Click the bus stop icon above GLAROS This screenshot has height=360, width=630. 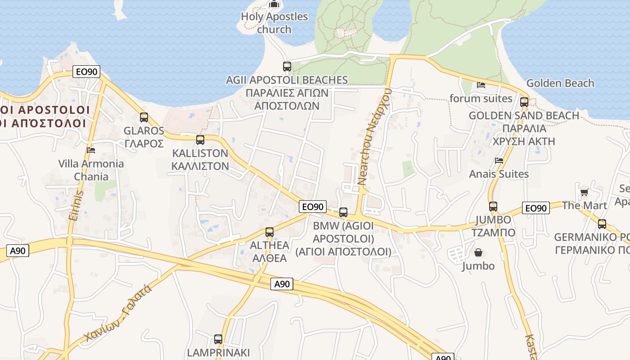144,117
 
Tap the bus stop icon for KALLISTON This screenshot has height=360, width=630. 200,140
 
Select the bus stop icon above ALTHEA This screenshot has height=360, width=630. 270,232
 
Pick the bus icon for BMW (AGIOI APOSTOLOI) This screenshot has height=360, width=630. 343,212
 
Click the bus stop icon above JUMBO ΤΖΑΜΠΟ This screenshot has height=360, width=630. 493,207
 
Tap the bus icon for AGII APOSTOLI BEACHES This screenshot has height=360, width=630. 287,67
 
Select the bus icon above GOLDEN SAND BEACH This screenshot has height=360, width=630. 524,102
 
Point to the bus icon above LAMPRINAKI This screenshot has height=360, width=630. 218,339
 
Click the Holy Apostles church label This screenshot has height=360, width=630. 274,23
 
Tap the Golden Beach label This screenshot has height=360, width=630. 560,83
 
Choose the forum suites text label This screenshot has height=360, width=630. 481,99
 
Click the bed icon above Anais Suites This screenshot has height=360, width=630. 499,160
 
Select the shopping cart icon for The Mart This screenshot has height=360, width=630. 584,193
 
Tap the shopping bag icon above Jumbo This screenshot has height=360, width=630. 478,253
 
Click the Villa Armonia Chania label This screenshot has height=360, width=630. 91,170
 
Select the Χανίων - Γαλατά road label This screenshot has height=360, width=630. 118,313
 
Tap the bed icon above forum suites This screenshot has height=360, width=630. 481,85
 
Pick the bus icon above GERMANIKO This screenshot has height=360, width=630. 602,224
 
